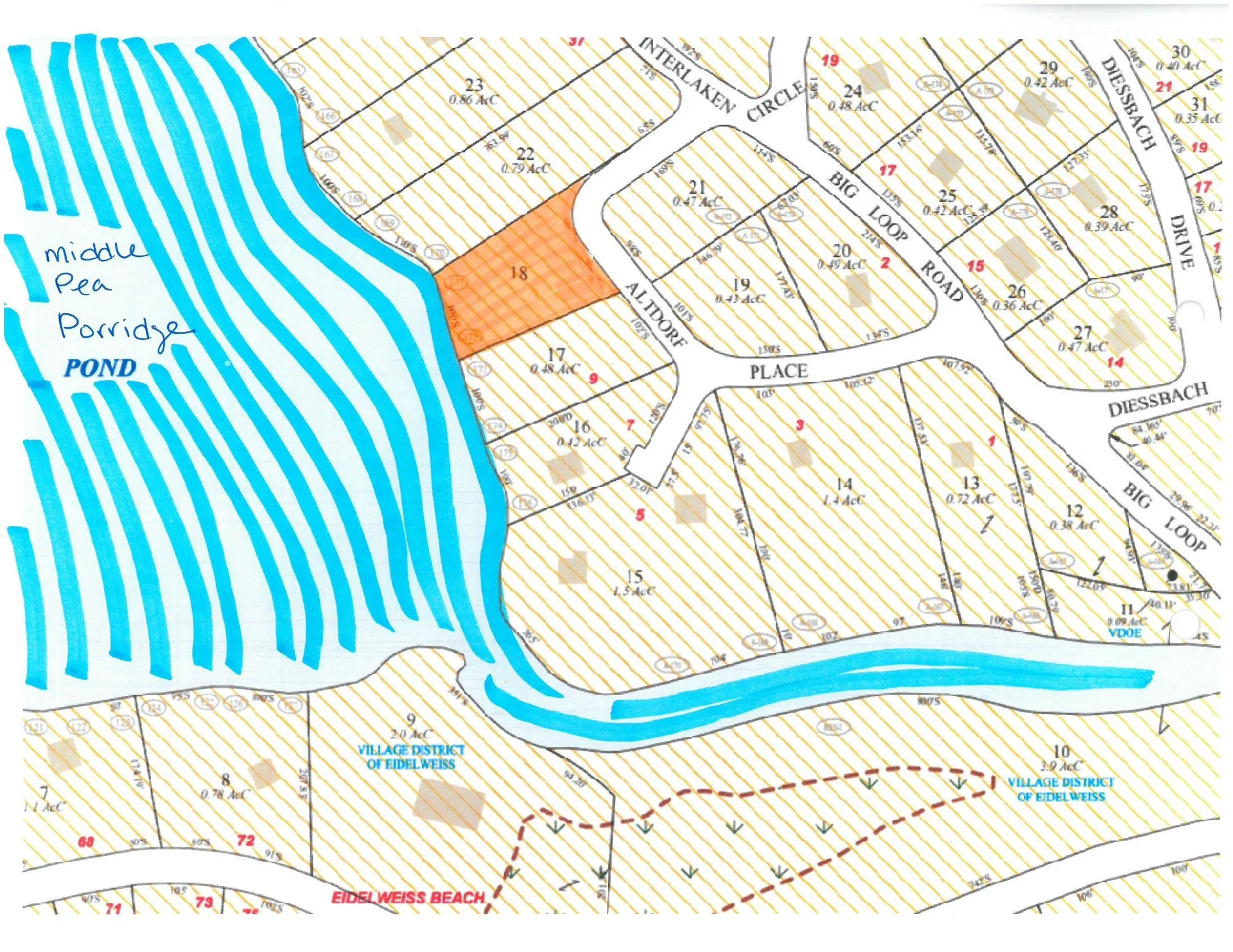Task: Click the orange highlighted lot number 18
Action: [x=518, y=273]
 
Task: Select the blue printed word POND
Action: [x=100, y=368]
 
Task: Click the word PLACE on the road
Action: [x=778, y=372]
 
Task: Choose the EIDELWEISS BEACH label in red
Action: [x=408, y=897]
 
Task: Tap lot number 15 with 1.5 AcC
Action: [x=634, y=576]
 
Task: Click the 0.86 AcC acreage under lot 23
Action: [x=473, y=100]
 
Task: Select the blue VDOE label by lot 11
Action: [x=1124, y=633]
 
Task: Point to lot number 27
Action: [x=1083, y=332]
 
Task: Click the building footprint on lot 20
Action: [x=859, y=290]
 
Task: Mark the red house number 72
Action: [x=245, y=840]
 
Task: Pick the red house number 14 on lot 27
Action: [x=1115, y=362]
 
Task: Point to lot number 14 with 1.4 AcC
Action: [x=844, y=484]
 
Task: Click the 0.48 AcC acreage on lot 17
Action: [x=555, y=369]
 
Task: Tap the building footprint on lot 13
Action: [x=961, y=454]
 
